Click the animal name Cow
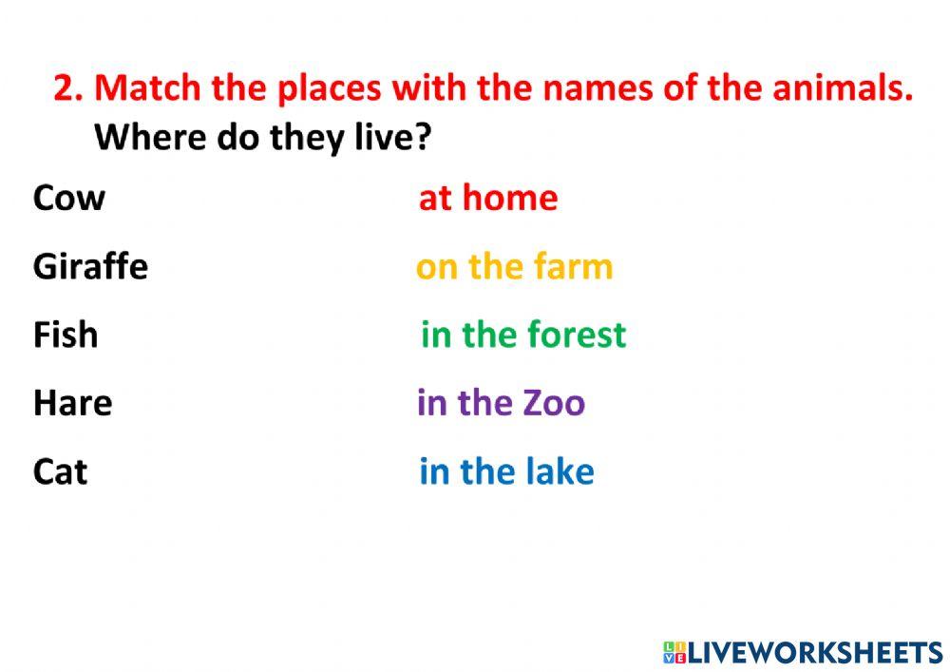point(69,199)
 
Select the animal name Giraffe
point(90,267)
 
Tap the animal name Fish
point(66,336)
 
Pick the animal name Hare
point(72,404)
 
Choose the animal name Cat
point(60,472)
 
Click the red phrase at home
point(488,199)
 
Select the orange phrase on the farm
point(514,267)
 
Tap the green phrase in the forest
point(523,336)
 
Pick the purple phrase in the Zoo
point(501,404)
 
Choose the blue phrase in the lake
point(506,472)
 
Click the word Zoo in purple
point(554,404)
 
